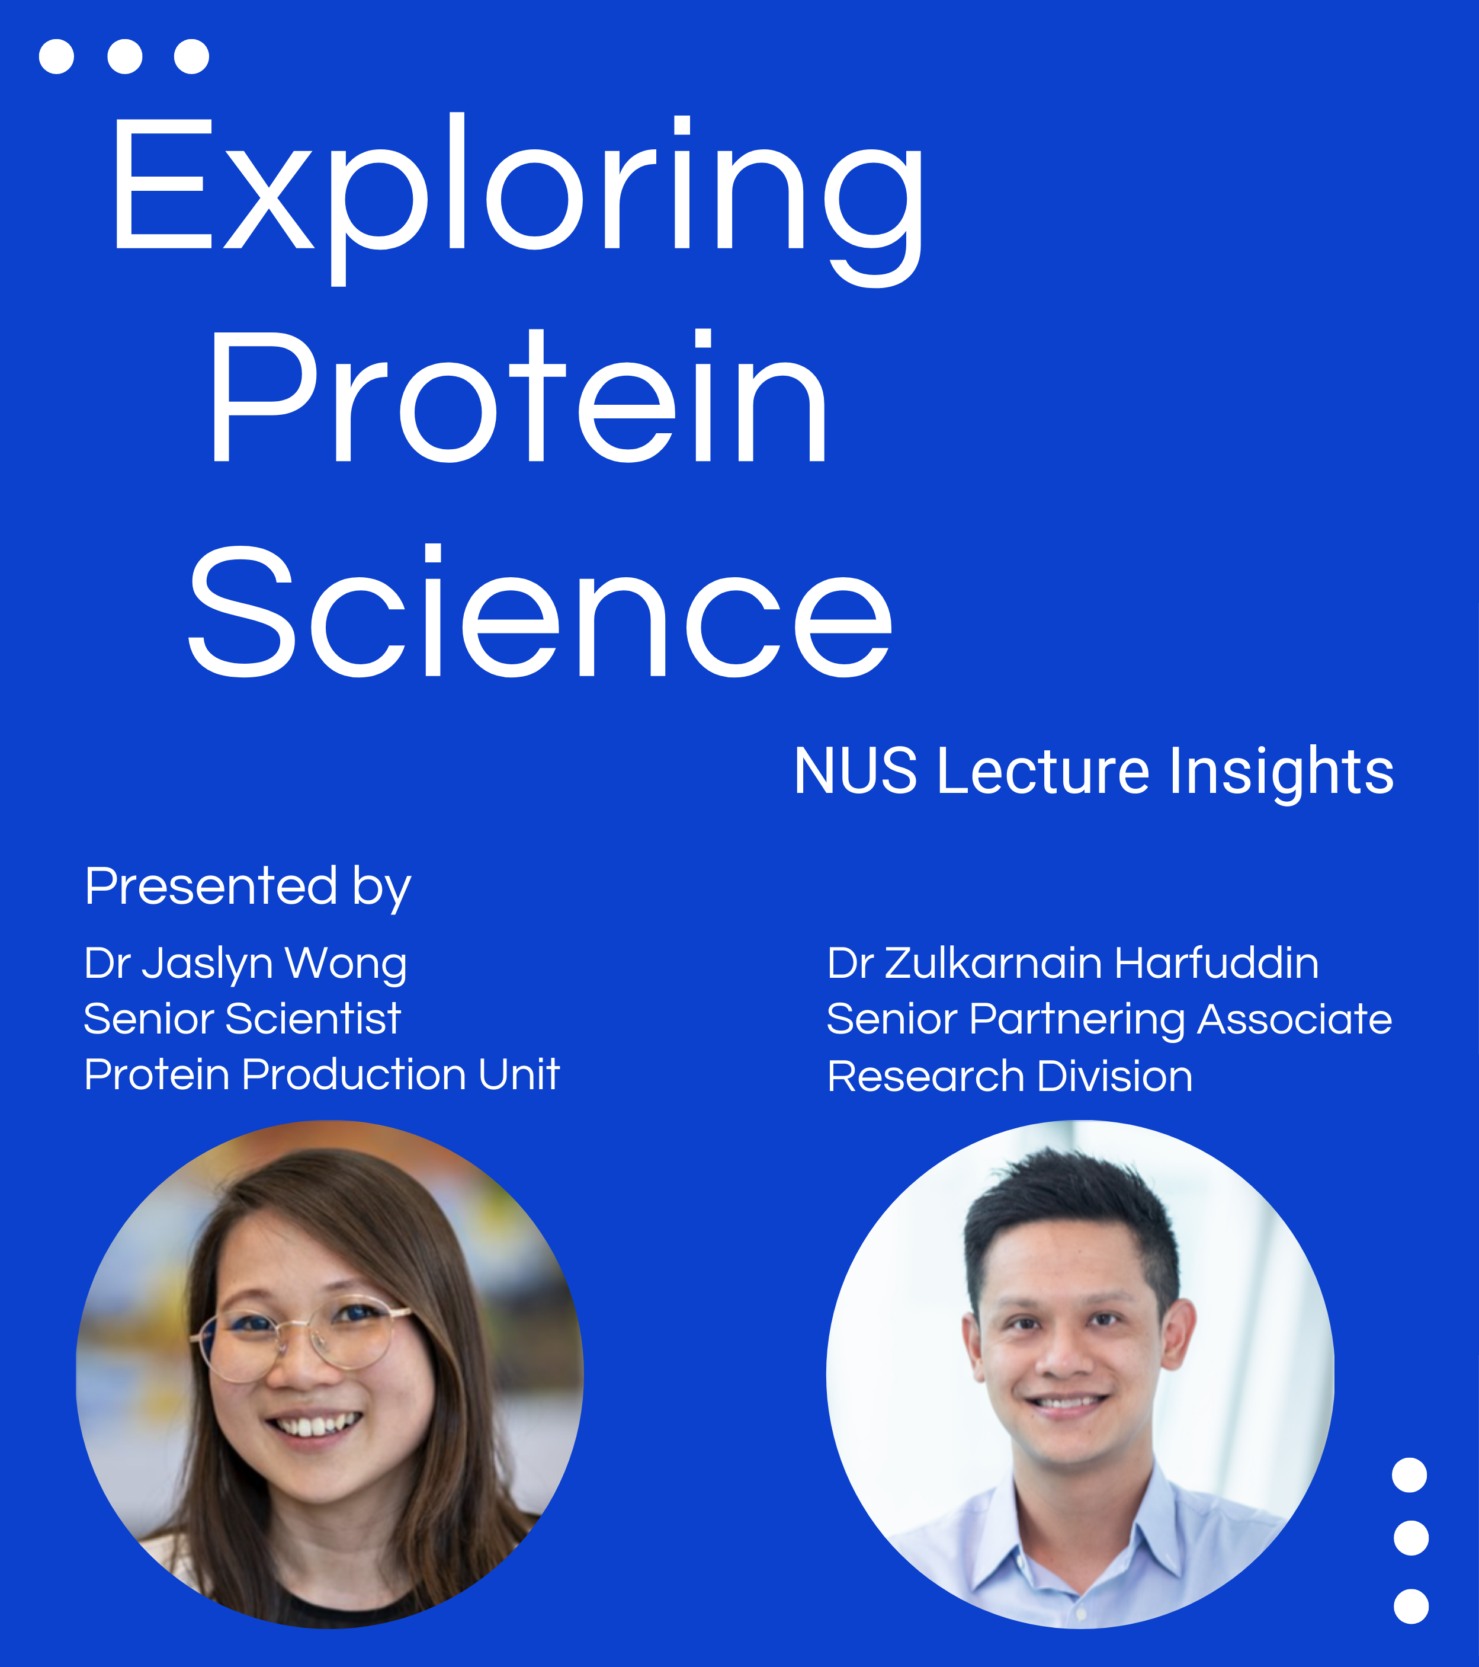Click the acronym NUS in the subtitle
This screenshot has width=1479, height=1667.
pos(855,771)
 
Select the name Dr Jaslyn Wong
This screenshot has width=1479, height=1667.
pos(245,965)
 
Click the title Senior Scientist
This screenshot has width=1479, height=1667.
pos(242,1019)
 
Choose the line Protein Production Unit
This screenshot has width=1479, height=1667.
pos(322,1074)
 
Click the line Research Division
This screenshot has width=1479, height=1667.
pos(1010,1077)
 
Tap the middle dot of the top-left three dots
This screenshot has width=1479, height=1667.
pos(125,56)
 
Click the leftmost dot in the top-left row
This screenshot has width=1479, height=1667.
pos(56,56)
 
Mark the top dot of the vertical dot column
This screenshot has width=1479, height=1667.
pos(1410,1474)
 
